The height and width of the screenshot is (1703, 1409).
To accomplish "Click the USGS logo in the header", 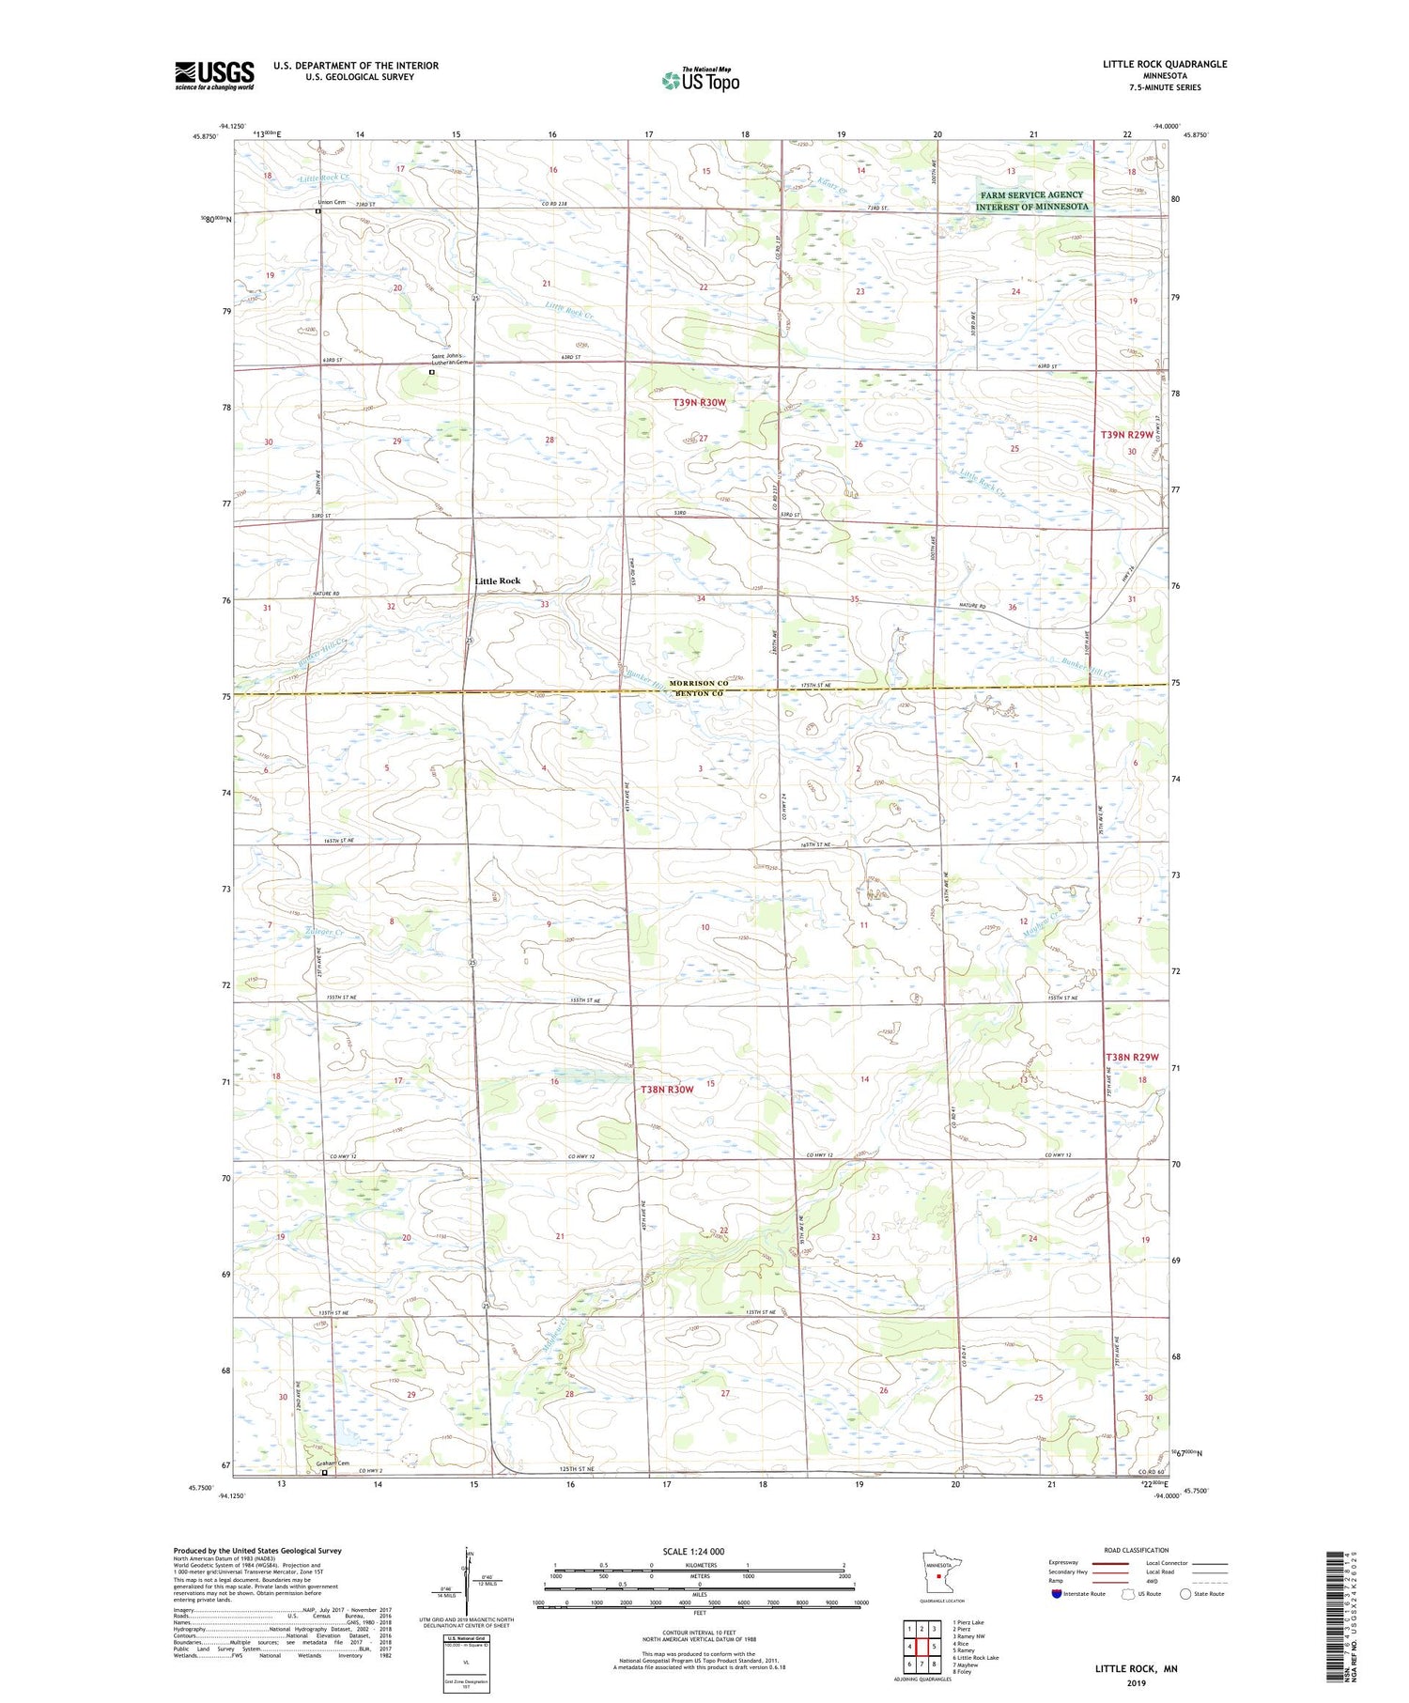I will (214, 75).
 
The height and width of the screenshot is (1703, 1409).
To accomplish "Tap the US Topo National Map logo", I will (700, 80).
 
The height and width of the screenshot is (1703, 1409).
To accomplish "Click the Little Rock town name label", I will (497, 581).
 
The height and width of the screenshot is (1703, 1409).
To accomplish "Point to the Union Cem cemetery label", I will (332, 202).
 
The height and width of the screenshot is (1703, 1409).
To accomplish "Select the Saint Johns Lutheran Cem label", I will (448, 359).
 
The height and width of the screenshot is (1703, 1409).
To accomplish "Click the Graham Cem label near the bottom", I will (333, 1463).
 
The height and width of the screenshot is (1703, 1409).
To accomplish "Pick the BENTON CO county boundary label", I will (696, 693).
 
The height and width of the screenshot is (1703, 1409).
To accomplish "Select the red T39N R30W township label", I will (699, 402).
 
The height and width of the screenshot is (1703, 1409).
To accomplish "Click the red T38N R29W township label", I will (1132, 1058).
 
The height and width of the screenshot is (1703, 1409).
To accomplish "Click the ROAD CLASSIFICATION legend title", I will (1137, 1550).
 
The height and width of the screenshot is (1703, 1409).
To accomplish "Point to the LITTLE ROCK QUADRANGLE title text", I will (1165, 64).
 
